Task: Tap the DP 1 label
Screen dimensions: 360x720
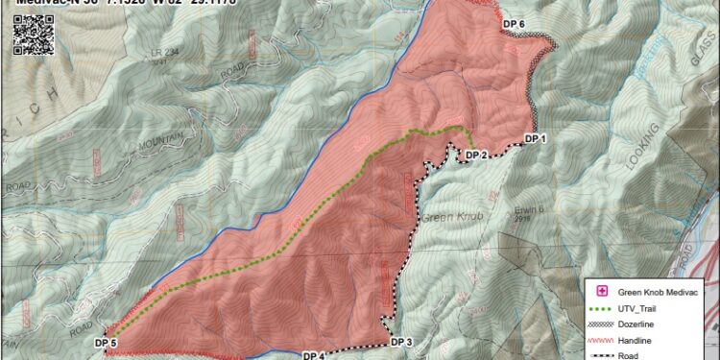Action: [x=535, y=139]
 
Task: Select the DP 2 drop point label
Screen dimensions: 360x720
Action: [x=477, y=155]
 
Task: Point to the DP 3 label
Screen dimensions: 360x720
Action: [x=401, y=343]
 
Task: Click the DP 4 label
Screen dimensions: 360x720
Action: [x=315, y=355]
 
